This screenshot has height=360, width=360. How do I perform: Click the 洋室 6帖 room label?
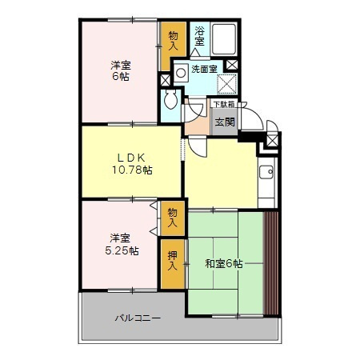120,70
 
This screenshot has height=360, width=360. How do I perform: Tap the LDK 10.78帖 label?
132,163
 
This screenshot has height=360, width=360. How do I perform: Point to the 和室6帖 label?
223,263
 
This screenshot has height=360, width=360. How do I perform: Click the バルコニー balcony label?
137,318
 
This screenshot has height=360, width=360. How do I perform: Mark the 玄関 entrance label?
224,122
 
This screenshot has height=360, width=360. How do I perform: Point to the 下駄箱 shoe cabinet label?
223,103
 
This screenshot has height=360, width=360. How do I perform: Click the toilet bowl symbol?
170,100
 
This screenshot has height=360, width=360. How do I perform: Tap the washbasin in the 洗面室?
181,70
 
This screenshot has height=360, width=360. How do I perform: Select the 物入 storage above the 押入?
172,217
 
